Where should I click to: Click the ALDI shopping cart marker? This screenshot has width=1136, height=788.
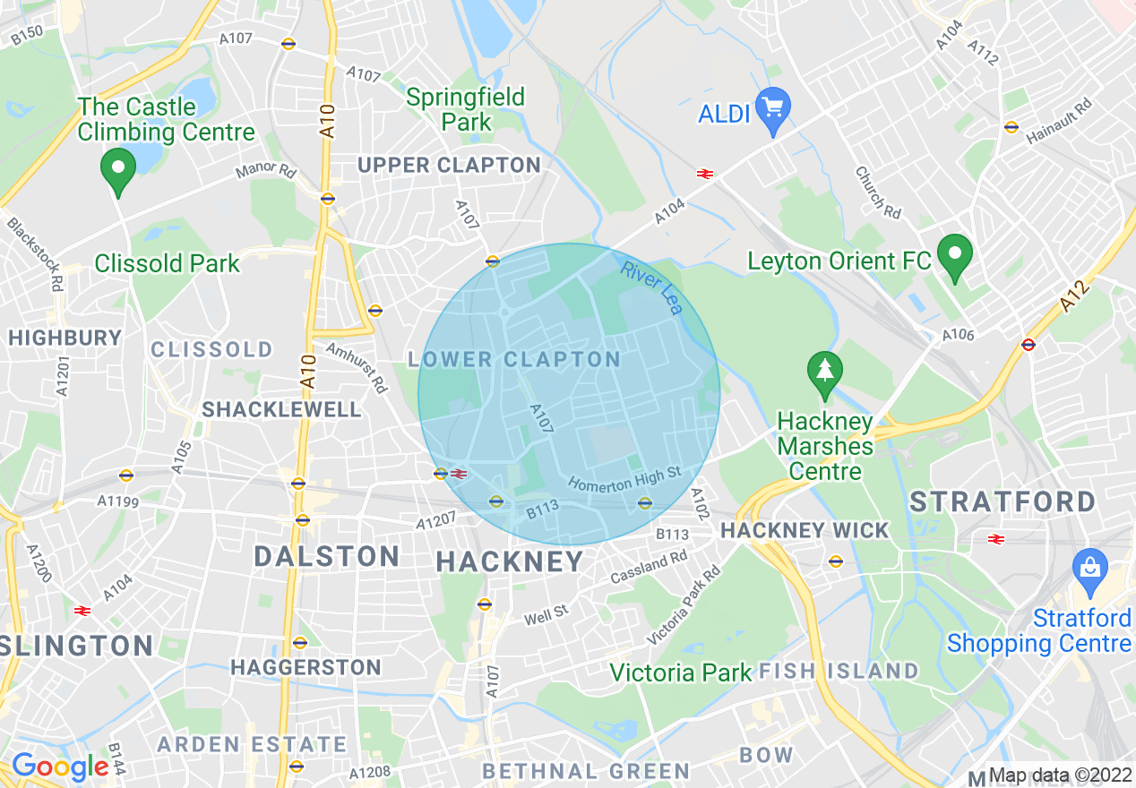(x=772, y=108)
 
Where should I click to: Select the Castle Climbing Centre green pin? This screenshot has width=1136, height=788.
(x=117, y=169)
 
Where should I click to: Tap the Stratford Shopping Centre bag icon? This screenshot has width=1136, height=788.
(x=1090, y=570)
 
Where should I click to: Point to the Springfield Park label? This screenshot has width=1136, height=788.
(x=465, y=109)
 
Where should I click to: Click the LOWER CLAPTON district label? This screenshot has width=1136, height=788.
(x=514, y=360)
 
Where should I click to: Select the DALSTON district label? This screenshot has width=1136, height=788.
(x=326, y=556)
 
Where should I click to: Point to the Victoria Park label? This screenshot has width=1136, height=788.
(x=681, y=672)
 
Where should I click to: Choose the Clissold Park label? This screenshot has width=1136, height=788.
(x=168, y=263)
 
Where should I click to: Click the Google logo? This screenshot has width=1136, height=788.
(x=60, y=767)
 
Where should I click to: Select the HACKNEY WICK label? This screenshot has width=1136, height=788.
(x=805, y=530)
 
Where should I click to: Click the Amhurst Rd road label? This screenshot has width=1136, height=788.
(x=357, y=367)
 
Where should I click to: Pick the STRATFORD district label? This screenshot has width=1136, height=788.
(x=1003, y=501)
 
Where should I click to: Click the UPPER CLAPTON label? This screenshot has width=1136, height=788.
(x=449, y=166)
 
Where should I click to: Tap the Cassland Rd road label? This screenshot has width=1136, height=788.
(x=649, y=568)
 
